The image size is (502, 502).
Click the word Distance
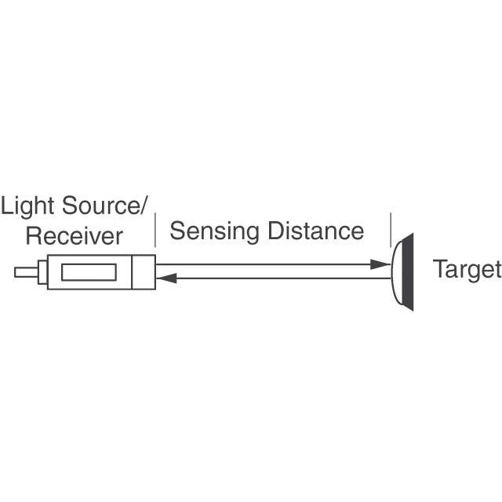[x=316, y=231]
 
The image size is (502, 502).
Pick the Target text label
[x=467, y=270]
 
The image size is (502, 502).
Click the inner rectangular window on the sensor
[x=89, y=272]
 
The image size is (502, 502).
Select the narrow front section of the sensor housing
[x=144, y=272]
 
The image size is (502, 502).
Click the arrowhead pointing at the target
[x=384, y=266]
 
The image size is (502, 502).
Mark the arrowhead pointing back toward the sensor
[x=163, y=278]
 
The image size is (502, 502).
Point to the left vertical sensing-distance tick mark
[x=155, y=230]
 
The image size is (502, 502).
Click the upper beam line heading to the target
[x=267, y=266]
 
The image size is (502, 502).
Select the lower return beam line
[x=275, y=278]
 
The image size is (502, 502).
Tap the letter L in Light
[x=8, y=207]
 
